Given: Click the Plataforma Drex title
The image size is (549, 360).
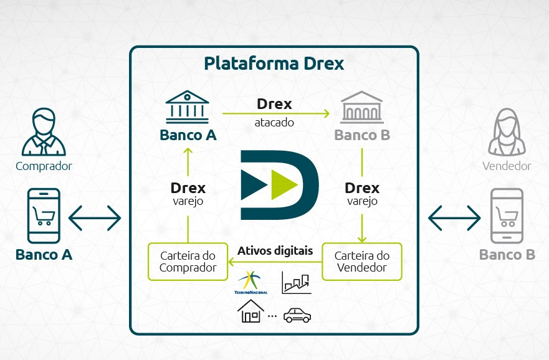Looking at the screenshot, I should click(274, 64).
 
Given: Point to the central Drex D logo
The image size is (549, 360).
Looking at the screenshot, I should click(279, 184).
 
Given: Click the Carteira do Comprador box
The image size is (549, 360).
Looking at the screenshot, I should click(188, 262).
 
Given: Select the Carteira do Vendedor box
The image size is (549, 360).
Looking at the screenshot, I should click(361, 262).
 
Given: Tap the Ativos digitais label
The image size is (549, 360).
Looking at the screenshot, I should click(275, 251).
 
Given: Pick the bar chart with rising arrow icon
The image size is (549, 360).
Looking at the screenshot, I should click(297, 282).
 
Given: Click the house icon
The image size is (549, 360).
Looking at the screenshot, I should click(251, 311).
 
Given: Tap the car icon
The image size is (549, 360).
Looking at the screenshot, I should click(297, 316).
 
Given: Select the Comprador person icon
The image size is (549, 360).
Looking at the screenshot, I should click(44, 132).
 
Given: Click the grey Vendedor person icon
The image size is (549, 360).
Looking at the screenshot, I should click(507, 132).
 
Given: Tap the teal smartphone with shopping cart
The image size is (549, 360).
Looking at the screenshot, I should click(44, 216).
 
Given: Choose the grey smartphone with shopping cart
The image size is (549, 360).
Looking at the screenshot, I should click(507, 216).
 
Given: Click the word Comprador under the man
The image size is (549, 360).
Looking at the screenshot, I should click(44, 166).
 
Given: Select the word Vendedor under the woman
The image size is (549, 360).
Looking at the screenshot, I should click(507, 166).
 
